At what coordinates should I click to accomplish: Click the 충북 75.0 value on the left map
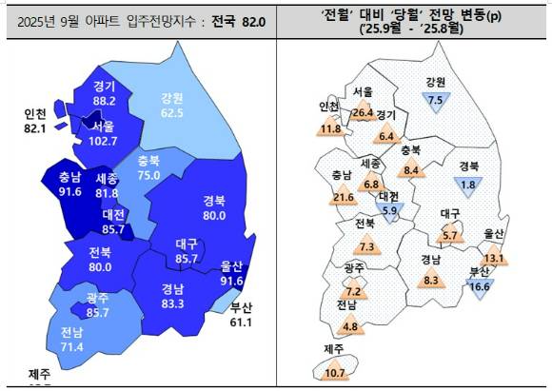(148, 174)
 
